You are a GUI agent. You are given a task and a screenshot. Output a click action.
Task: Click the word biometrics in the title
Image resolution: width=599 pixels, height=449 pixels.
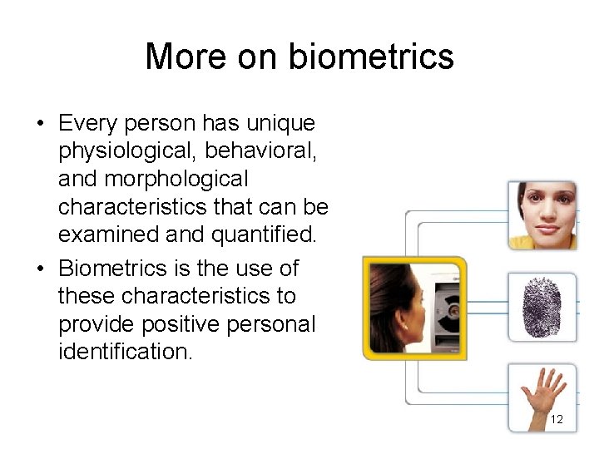pyautogui.click(x=371, y=57)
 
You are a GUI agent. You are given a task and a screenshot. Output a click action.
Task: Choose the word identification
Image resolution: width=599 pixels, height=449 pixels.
pyautogui.click(x=125, y=351)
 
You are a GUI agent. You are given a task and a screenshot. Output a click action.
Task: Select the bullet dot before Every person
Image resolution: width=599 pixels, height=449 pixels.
pyautogui.click(x=39, y=124)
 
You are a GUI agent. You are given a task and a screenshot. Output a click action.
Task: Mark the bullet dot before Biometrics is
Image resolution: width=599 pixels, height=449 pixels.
pyautogui.click(x=39, y=269)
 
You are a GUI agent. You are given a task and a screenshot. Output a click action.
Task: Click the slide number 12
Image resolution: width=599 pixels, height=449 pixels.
pyautogui.click(x=557, y=419)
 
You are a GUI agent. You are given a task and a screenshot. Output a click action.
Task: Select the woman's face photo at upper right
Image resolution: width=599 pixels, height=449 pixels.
pyautogui.click(x=542, y=215)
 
